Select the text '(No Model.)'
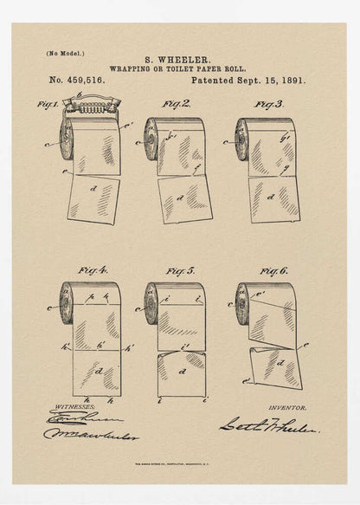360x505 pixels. point(65,54)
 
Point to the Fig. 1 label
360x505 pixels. point(47,104)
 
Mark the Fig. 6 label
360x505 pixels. point(271,269)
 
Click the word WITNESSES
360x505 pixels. point(72,405)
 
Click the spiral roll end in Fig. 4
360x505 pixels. point(67,303)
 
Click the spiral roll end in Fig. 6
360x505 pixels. point(242,303)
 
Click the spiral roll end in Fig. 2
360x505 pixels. point(151,138)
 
